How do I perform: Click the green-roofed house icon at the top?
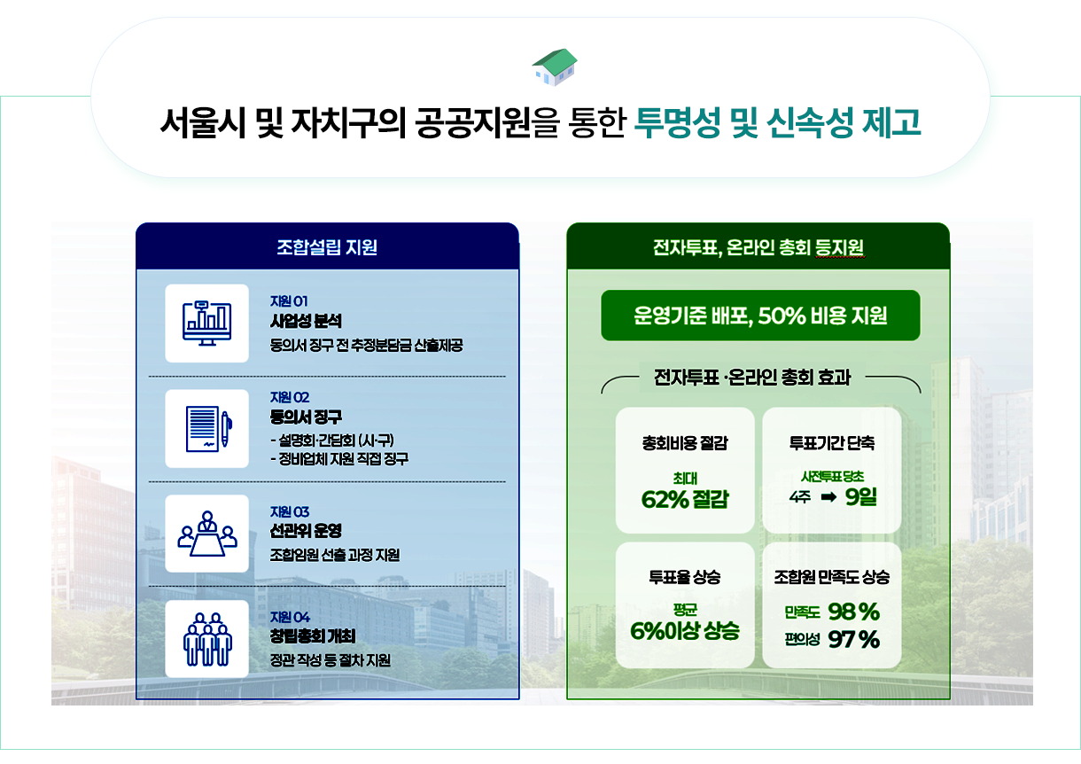tap(555, 67)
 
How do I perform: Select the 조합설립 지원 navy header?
tap(327, 247)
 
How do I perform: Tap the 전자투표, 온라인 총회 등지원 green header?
tap(758, 247)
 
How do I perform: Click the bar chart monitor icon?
tap(206, 323)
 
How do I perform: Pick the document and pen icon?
tap(206, 428)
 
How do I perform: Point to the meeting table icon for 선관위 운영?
tap(206, 534)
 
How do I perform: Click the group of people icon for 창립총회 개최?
tap(206, 638)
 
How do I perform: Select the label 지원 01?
tap(289, 300)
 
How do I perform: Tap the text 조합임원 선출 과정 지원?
tap(334, 555)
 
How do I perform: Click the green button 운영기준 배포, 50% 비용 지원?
tap(760, 316)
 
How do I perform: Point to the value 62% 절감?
tap(684, 500)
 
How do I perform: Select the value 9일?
tap(861, 497)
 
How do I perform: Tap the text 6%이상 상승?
tap(684, 632)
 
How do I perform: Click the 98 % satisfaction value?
tap(853, 612)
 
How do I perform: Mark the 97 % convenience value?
tap(853, 639)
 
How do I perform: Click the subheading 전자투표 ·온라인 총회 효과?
tap(751, 378)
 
